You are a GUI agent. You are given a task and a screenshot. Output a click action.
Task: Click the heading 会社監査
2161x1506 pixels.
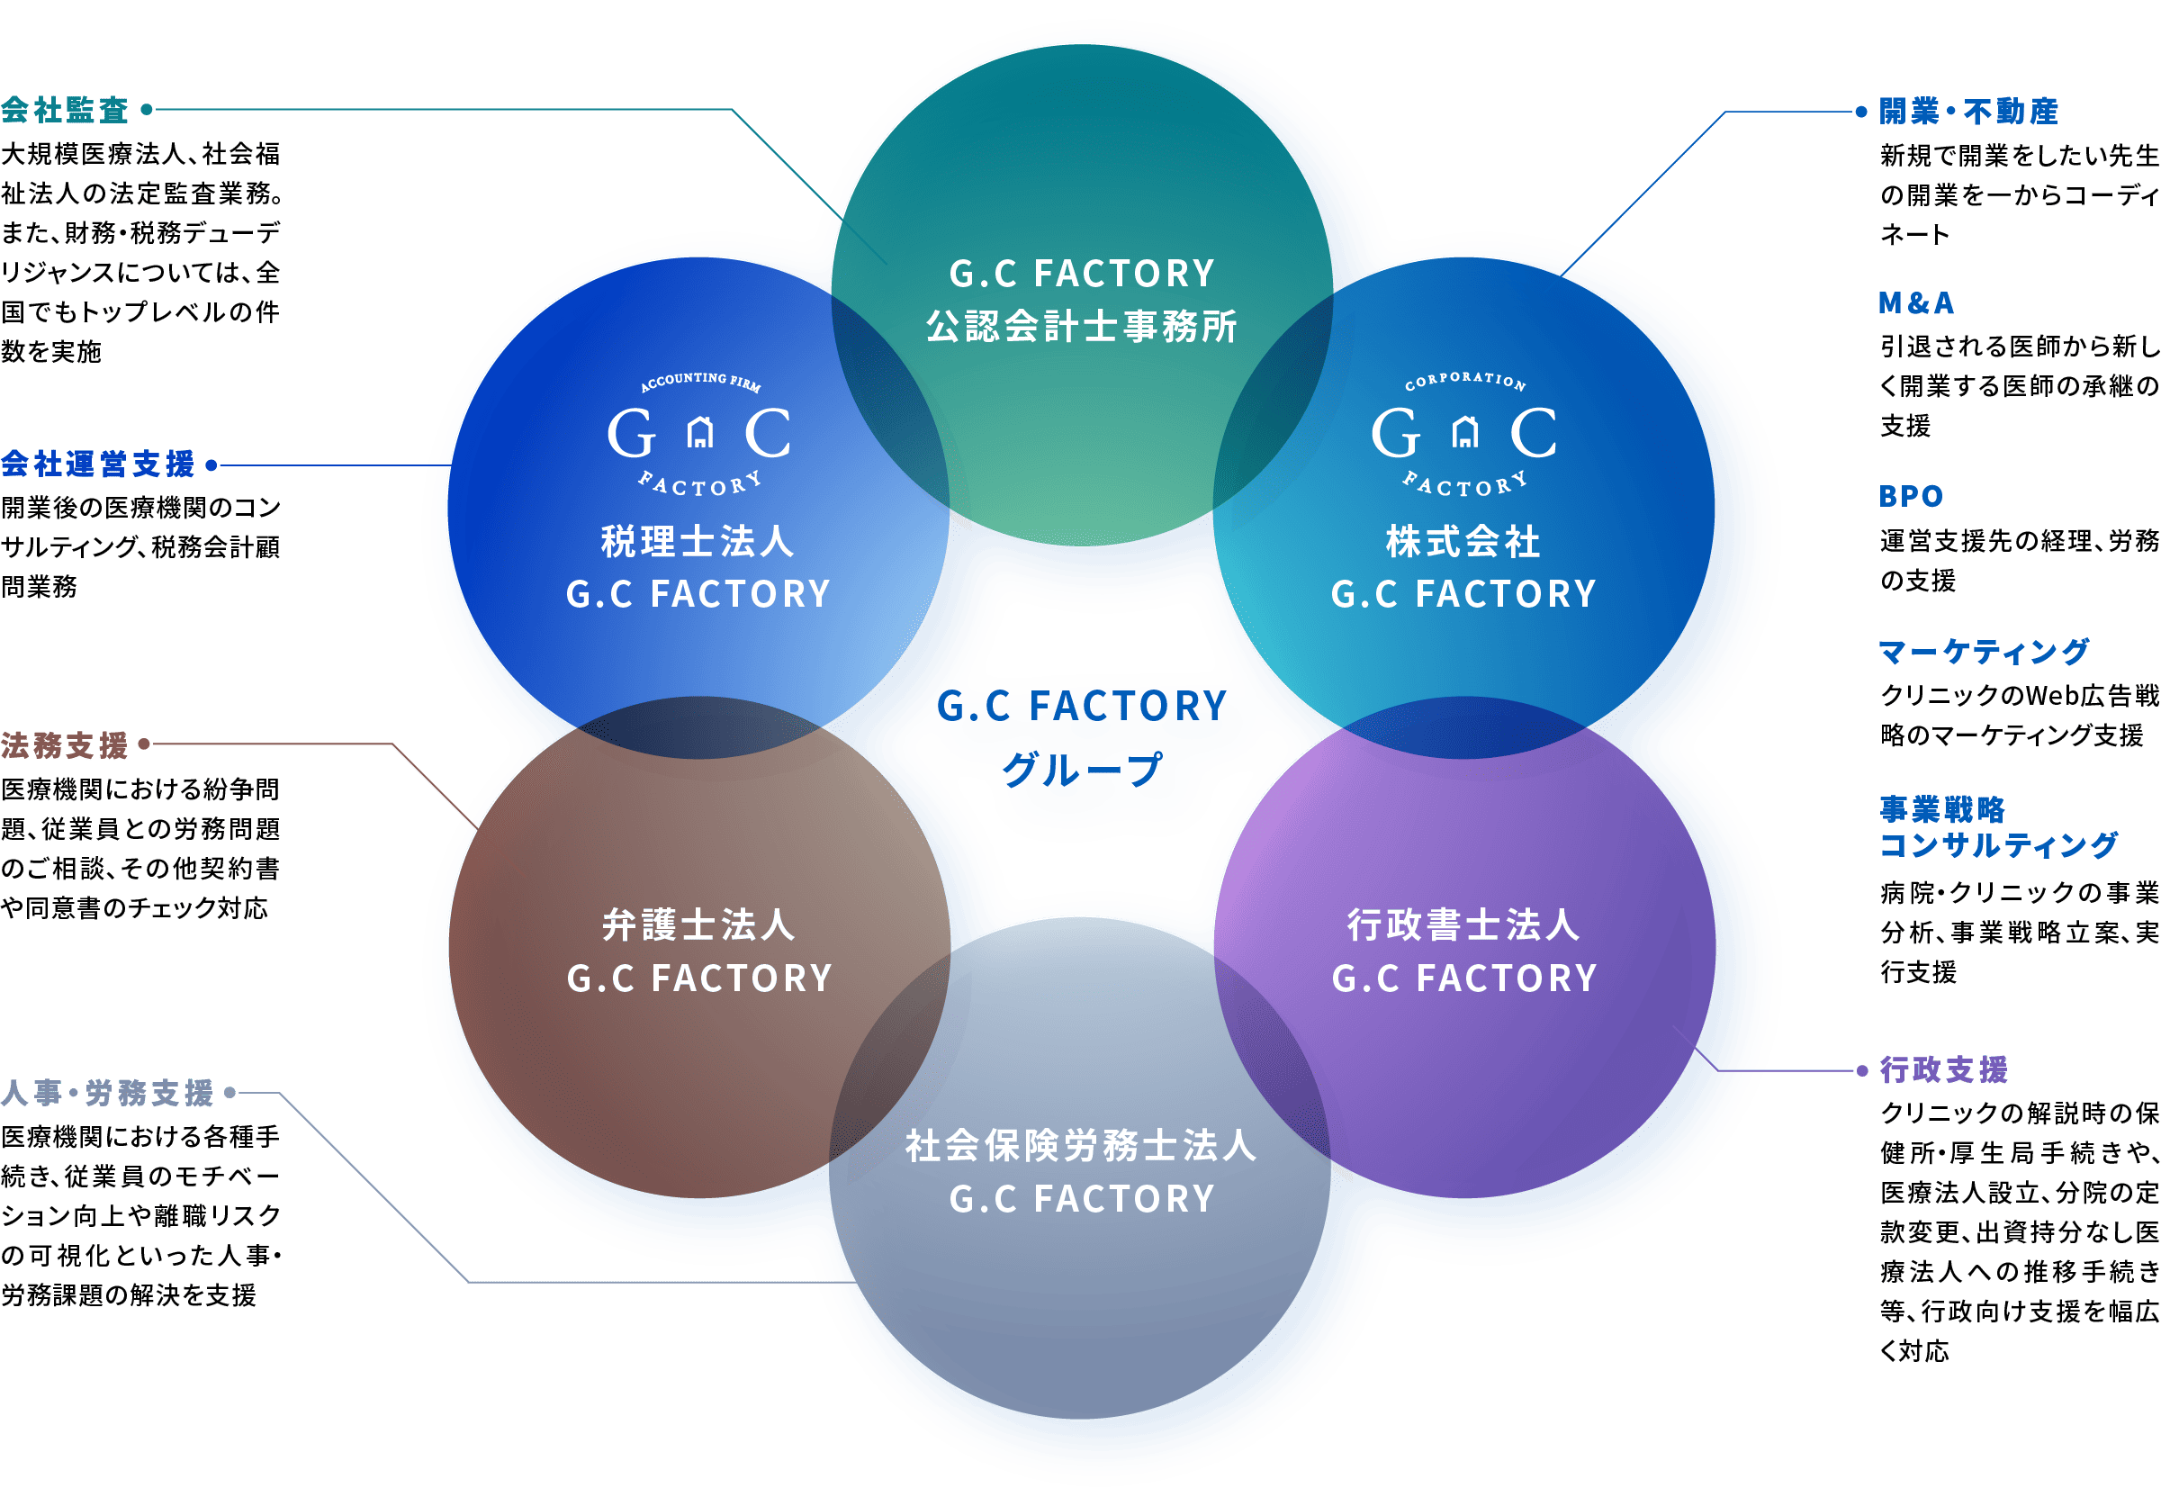pos(64,111)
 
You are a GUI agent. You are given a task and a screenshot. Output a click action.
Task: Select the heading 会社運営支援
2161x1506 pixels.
pos(98,464)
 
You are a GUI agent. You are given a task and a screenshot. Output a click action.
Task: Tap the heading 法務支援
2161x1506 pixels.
pos(64,745)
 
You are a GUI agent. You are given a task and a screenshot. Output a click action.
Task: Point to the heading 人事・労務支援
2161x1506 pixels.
pos(107,1093)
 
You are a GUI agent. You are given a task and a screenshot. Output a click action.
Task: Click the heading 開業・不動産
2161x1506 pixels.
pos(1968,112)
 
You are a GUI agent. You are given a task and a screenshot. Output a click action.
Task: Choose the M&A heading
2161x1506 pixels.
pos(1915,303)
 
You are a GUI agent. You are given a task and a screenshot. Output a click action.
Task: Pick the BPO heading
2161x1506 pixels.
pos(1911,496)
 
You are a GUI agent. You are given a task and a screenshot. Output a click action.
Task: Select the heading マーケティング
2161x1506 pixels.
pos(1984,652)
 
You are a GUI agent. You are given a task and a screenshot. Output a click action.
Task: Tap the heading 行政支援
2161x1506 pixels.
pos(1943,1070)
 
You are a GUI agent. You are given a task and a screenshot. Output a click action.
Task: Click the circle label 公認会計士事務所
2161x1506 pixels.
pos(1082,327)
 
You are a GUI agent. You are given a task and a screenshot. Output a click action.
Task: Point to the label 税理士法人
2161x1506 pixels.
pos(698,541)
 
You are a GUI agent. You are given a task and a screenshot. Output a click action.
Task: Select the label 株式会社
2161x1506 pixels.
pos(1463,541)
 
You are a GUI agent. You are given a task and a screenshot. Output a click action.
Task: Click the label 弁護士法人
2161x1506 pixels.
pos(698,925)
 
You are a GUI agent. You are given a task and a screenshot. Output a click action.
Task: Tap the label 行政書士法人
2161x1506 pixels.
pos(1463,925)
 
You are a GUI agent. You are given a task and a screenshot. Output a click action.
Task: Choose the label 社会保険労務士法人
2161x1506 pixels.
pos(1080,1146)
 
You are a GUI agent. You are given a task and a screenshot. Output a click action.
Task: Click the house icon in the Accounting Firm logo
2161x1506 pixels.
pos(699,433)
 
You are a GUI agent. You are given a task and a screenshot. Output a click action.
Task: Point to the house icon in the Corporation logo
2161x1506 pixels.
pos(1464,433)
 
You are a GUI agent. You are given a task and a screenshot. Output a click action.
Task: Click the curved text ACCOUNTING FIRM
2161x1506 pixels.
pos(700,380)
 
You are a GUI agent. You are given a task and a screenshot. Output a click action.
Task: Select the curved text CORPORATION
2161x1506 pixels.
pos(1465,379)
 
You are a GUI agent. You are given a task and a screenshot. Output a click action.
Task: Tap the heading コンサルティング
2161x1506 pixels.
pos(1998,845)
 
